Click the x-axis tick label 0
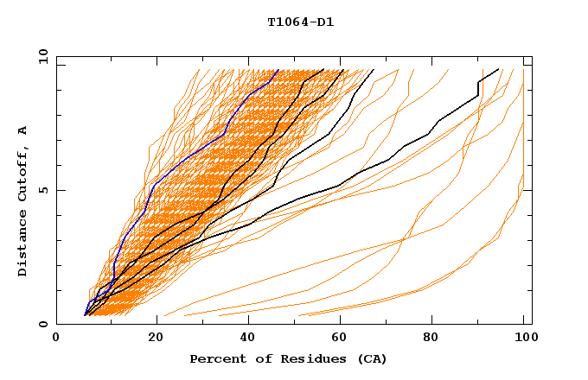point(56,339)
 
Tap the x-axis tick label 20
point(150,339)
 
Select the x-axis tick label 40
point(244,339)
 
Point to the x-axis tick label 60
point(337,339)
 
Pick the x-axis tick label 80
point(431,339)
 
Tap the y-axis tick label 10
point(42,56)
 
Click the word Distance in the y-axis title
point(23,243)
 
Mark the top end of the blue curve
point(278,70)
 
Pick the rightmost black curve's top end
point(499,69)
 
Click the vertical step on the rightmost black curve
point(477,88)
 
